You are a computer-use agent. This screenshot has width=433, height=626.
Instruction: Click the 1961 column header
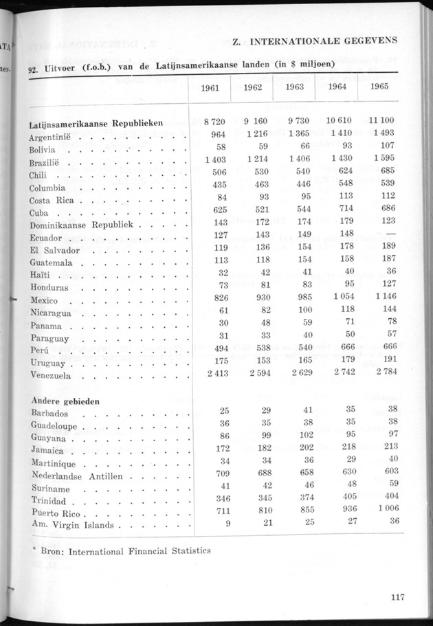point(210,87)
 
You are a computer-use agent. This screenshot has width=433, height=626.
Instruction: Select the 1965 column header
point(380,87)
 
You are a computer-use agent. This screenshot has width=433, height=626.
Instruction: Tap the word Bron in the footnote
point(52,550)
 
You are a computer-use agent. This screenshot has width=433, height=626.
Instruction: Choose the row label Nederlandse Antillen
point(77,476)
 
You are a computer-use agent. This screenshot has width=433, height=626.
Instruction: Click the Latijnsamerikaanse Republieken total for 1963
point(299,122)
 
